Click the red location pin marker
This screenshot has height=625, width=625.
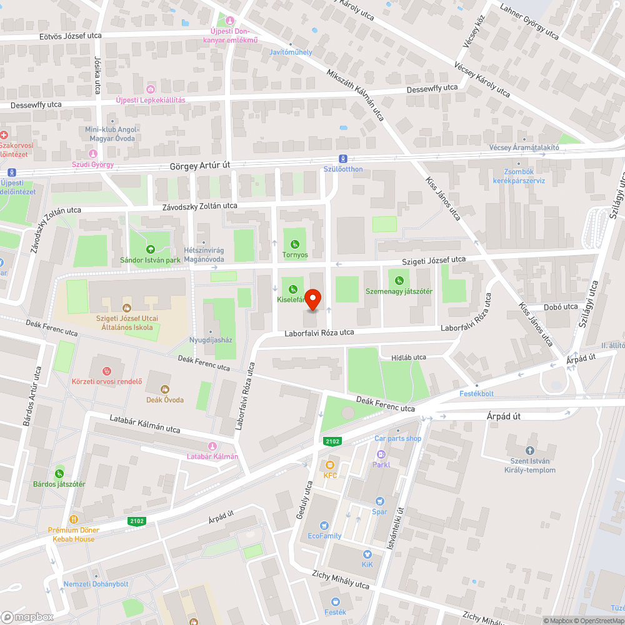[312, 299]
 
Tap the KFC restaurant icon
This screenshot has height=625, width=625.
[330, 465]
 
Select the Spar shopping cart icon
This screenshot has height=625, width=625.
[379, 501]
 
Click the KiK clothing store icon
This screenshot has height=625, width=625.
[367, 554]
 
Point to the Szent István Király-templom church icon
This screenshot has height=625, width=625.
[529, 450]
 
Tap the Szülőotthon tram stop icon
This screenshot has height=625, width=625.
[343, 159]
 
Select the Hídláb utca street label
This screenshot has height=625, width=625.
[408, 357]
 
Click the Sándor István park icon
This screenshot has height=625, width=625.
[150, 249]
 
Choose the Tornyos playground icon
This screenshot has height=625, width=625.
[295, 244]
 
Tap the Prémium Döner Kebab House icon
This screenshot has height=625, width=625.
[74, 519]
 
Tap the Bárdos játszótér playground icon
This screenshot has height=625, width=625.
[59, 473]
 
